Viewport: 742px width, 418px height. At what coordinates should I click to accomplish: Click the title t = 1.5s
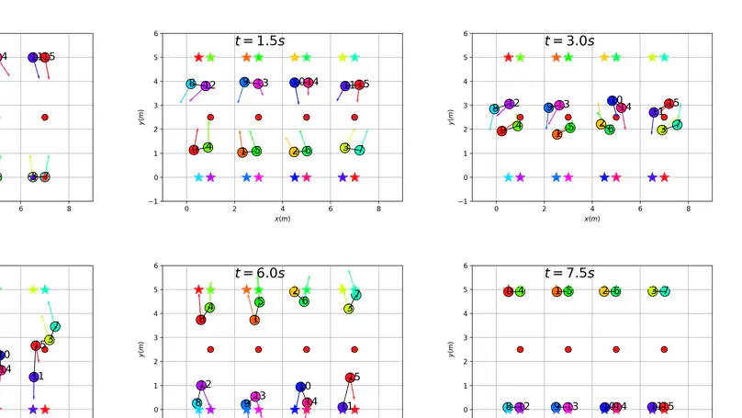[x=259, y=40]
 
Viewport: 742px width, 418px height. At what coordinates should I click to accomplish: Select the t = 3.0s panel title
[x=569, y=40]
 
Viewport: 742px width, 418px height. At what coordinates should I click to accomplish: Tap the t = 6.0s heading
[x=259, y=273]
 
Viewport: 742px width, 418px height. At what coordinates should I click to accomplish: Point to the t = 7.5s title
[x=569, y=273]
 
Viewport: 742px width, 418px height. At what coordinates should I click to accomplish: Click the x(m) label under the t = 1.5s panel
[x=283, y=219]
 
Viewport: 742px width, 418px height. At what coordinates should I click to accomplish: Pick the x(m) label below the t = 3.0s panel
[x=592, y=219]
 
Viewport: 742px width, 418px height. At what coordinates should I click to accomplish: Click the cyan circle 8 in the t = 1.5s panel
[x=191, y=85]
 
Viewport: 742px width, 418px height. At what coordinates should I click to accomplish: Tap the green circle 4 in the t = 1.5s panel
[x=208, y=147]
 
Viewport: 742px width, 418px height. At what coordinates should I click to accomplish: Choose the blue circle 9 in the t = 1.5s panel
[x=244, y=82]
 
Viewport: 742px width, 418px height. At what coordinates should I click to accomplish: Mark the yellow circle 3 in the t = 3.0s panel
[x=661, y=130]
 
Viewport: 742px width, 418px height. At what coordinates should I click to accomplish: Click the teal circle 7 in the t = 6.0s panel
[x=356, y=295]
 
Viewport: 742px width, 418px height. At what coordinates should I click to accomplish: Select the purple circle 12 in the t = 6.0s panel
[x=202, y=386]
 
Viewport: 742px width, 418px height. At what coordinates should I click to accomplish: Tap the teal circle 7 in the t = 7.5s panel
[x=665, y=291]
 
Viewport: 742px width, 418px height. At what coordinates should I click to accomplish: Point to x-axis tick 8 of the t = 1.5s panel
[x=379, y=209]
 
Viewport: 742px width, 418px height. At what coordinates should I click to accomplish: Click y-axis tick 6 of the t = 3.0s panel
[x=463, y=34]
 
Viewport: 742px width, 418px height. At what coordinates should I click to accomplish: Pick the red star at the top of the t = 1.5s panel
[x=198, y=57]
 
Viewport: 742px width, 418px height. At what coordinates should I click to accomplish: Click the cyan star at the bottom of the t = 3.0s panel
[x=508, y=177]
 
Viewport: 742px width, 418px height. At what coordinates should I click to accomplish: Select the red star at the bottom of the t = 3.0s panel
[x=664, y=177]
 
